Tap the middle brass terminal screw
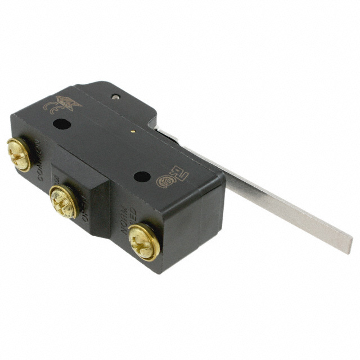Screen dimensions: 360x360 pos(63,201)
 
